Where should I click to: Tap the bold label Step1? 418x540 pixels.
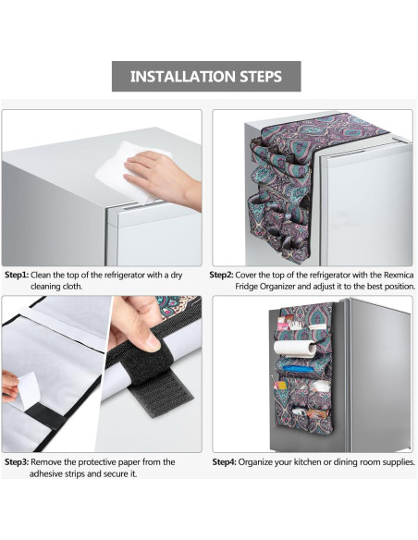pos(17,276)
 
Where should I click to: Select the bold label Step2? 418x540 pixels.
pos(221,276)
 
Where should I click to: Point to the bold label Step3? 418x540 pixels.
pos(17,462)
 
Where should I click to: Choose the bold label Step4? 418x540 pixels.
pos(224,462)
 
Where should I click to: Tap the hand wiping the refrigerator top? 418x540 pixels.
pos(162,178)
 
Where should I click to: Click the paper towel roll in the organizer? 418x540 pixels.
pos(295,349)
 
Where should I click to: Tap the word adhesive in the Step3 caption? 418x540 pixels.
pos(44,473)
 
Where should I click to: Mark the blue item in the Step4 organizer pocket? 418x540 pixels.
pos(298,369)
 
